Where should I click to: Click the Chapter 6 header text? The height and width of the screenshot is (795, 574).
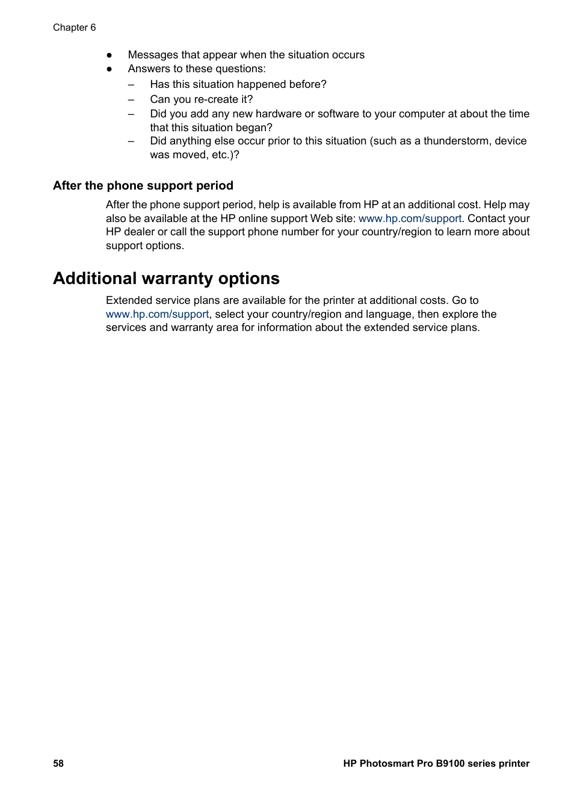(x=74, y=28)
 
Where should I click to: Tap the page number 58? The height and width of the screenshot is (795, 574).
(x=58, y=763)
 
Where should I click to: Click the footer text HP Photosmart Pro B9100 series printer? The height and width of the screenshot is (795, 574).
(x=436, y=763)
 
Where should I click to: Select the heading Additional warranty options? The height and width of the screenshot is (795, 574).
(x=166, y=279)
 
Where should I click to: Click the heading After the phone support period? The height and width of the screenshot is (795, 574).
(x=143, y=185)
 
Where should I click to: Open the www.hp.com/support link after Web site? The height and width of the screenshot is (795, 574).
(x=410, y=218)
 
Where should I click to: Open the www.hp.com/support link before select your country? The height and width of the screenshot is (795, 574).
(x=157, y=314)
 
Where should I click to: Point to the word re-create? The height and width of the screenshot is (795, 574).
(x=216, y=99)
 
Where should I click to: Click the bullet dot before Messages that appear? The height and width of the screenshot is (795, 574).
(x=110, y=55)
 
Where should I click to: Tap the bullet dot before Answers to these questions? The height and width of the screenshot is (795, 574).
(x=110, y=69)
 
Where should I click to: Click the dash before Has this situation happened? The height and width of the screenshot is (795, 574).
(x=131, y=85)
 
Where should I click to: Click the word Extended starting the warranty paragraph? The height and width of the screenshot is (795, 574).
(x=129, y=300)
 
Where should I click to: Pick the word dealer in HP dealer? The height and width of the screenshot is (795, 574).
(x=139, y=232)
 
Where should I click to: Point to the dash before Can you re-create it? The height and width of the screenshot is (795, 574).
(x=131, y=100)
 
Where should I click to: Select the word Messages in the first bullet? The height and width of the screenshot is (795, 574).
(x=153, y=55)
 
